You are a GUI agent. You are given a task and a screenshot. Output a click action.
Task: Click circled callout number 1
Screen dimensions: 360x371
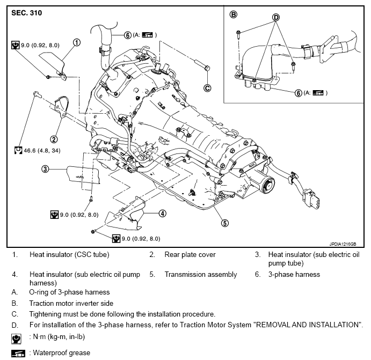tap(77, 42)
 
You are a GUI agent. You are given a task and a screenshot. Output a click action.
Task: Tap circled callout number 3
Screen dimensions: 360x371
tap(46, 169)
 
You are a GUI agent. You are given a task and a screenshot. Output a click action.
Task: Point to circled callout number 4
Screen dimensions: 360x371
tap(162, 214)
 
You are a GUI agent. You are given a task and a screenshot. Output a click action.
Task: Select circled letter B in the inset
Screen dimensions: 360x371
tap(233, 14)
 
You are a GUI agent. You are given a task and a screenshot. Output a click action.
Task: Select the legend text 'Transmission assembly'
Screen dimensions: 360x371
tap(200, 274)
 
